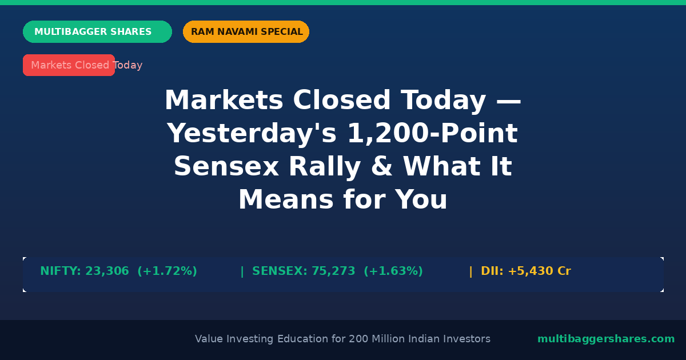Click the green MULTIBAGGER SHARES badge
point(97,31)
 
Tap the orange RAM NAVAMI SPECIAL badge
point(246,31)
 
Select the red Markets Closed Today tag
point(69,65)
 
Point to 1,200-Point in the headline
point(433,133)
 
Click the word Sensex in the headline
point(226,166)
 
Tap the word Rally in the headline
point(325,167)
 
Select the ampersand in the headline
point(382,166)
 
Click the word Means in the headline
point(286,199)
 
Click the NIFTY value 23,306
point(107,271)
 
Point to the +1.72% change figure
point(167,271)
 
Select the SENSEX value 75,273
point(333,271)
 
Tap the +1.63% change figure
point(393,271)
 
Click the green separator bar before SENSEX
point(242,271)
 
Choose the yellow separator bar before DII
point(470,271)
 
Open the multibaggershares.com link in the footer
point(606,339)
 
